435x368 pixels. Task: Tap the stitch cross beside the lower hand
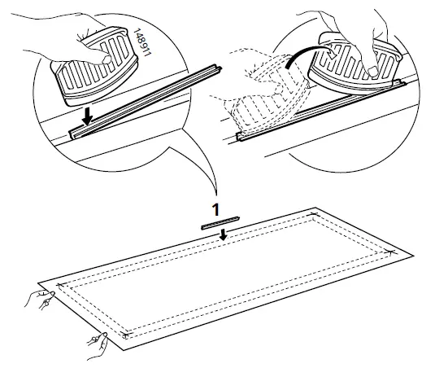coord(124,335)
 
